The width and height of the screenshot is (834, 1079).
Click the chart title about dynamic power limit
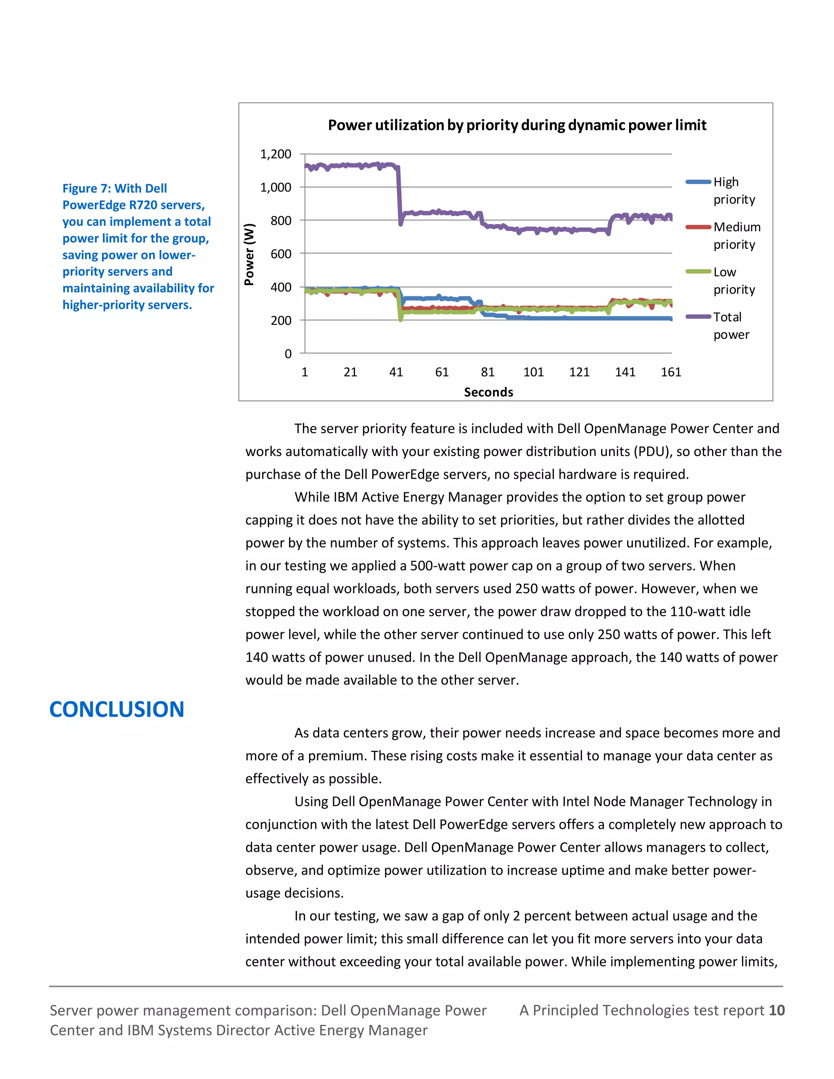(x=517, y=125)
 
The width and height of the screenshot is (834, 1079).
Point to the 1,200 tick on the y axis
(x=276, y=154)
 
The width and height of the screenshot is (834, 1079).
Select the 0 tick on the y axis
(x=288, y=354)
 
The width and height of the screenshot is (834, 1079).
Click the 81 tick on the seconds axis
(x=487, y=372)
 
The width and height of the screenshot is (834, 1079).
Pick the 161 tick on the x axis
(x=670, y=372)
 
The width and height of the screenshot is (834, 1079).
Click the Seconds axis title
(x=488, y=392)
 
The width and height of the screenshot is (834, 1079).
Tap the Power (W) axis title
(x=250, y=254)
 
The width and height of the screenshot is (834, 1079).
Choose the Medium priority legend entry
(x=736, y=236)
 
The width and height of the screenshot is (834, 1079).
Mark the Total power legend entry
(x=731, y=326)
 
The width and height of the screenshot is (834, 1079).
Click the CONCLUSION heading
(x=116, y=709)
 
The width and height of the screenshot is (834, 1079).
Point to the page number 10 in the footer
(x=777, y=1010)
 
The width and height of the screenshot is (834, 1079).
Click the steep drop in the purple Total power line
(x=399, y=197)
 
